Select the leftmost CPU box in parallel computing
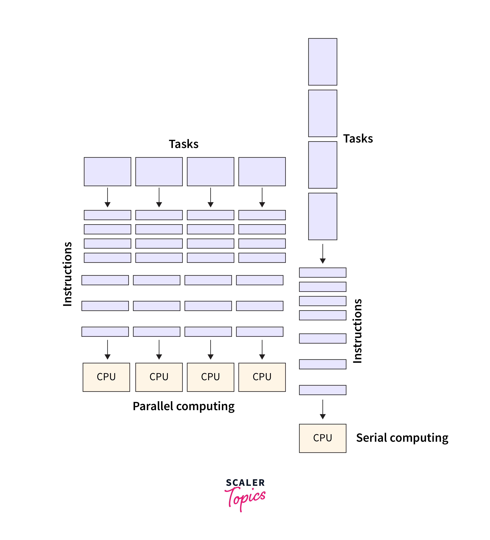tap(106, 377)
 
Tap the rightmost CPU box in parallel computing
tap(262, 377)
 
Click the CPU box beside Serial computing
tap(322, 438)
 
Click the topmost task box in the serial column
tap(322, 62)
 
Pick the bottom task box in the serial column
tap(322, 216)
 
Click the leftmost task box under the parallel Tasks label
tap(107, 171)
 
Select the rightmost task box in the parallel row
tap(262, 171)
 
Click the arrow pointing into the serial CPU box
tap(323, 409)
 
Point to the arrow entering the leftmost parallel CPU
tap(107, 350)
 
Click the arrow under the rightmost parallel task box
tap(262, 197)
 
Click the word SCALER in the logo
tap(245, 483)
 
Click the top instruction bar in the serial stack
tap(322, 272)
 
